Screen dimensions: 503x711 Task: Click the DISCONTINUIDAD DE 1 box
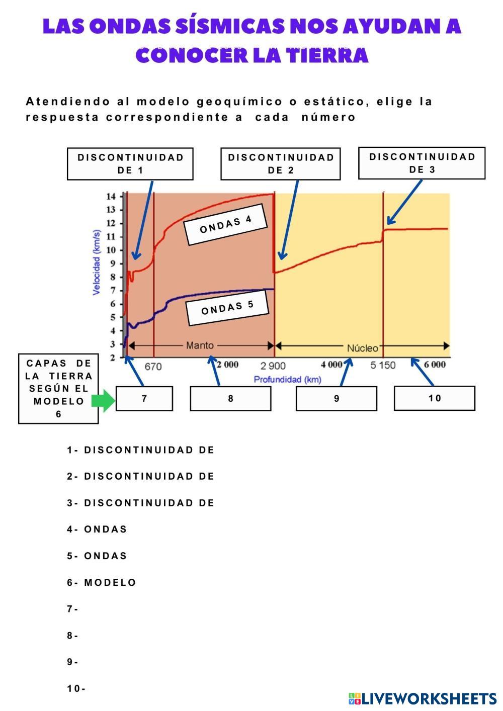pos(130,164)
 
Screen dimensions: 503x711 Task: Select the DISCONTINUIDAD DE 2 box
pos(281,164)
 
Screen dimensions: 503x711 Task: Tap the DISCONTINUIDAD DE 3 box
pos(422,163)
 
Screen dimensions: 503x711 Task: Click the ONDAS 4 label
pos(226,224)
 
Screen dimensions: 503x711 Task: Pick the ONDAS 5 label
pos(227,308)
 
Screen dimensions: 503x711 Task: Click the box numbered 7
pos(144,399)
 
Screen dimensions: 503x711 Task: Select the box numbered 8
pos(230,399)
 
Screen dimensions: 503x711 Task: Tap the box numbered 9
pos(336,399)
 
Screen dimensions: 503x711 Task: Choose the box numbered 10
pos(434,398)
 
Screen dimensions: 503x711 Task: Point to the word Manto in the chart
pos(200,345)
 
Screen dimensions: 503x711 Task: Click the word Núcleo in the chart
pos(362,348)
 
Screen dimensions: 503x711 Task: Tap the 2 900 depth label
pos(273,366)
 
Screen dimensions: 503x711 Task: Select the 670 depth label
pos(153,367)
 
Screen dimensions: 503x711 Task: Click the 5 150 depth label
pos(383,366)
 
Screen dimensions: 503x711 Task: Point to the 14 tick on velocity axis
pos(111,197)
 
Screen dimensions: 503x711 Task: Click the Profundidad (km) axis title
pos(287,380)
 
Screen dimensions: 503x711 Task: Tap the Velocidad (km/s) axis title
pos(97,262)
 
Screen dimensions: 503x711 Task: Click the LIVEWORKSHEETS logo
pos(423,698)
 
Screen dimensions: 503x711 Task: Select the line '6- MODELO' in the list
pos(102,583)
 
